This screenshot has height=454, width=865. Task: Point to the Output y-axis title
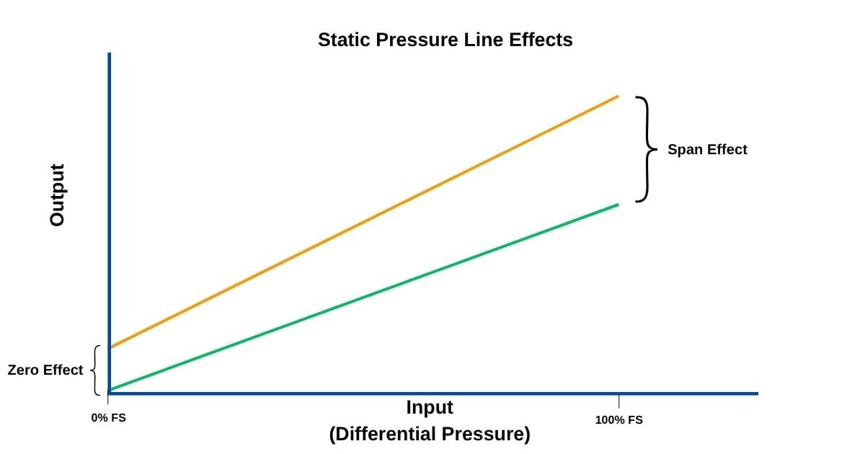click(x=58, y=195)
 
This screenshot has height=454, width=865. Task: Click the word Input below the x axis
click(x=430, y=407)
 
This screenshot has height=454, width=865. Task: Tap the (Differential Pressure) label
click(x=430, y=435)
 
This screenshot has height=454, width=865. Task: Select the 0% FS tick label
click(x=108, y=418)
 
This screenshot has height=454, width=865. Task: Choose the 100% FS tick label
click(x=618, y=419)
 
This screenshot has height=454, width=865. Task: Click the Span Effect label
click(x=707, y=150)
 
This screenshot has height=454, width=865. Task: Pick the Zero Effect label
click(x=45, y=370)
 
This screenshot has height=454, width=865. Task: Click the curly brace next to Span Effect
click(x=647, y=149)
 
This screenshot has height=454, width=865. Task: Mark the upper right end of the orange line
click(x=618, y=96)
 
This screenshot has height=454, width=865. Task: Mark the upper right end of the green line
click(x=618, y=205)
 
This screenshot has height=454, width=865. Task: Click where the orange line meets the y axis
click(x=110, y=347)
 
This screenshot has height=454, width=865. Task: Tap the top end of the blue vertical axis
click(x=109, y=54)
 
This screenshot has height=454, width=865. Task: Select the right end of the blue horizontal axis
click(x=757, y=393)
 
